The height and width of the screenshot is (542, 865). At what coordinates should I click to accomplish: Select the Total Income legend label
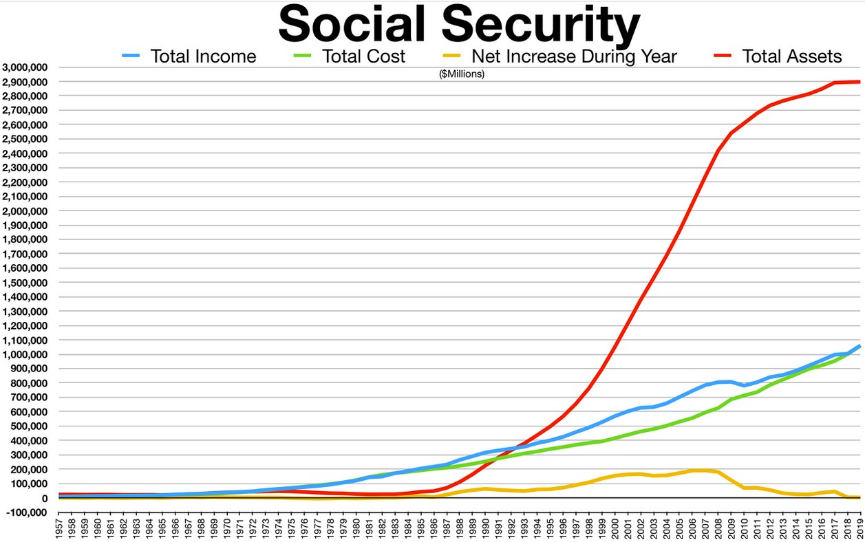click(x=203, y=56)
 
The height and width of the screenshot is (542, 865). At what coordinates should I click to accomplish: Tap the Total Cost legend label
click(x=365, y=56)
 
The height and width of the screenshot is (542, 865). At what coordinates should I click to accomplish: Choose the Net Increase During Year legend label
click(x=574, y=56)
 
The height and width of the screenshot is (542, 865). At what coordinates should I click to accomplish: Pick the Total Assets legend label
click(x=792, y=56)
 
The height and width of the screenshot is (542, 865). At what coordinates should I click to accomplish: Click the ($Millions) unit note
click(x=462, y=74)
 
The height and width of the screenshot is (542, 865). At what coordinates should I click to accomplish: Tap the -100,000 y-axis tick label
click(x=26, y=512)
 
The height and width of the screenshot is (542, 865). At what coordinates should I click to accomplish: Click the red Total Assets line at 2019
click(x=859, y=82)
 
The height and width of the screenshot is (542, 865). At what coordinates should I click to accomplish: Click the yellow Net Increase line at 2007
click(x=705, y=470)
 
